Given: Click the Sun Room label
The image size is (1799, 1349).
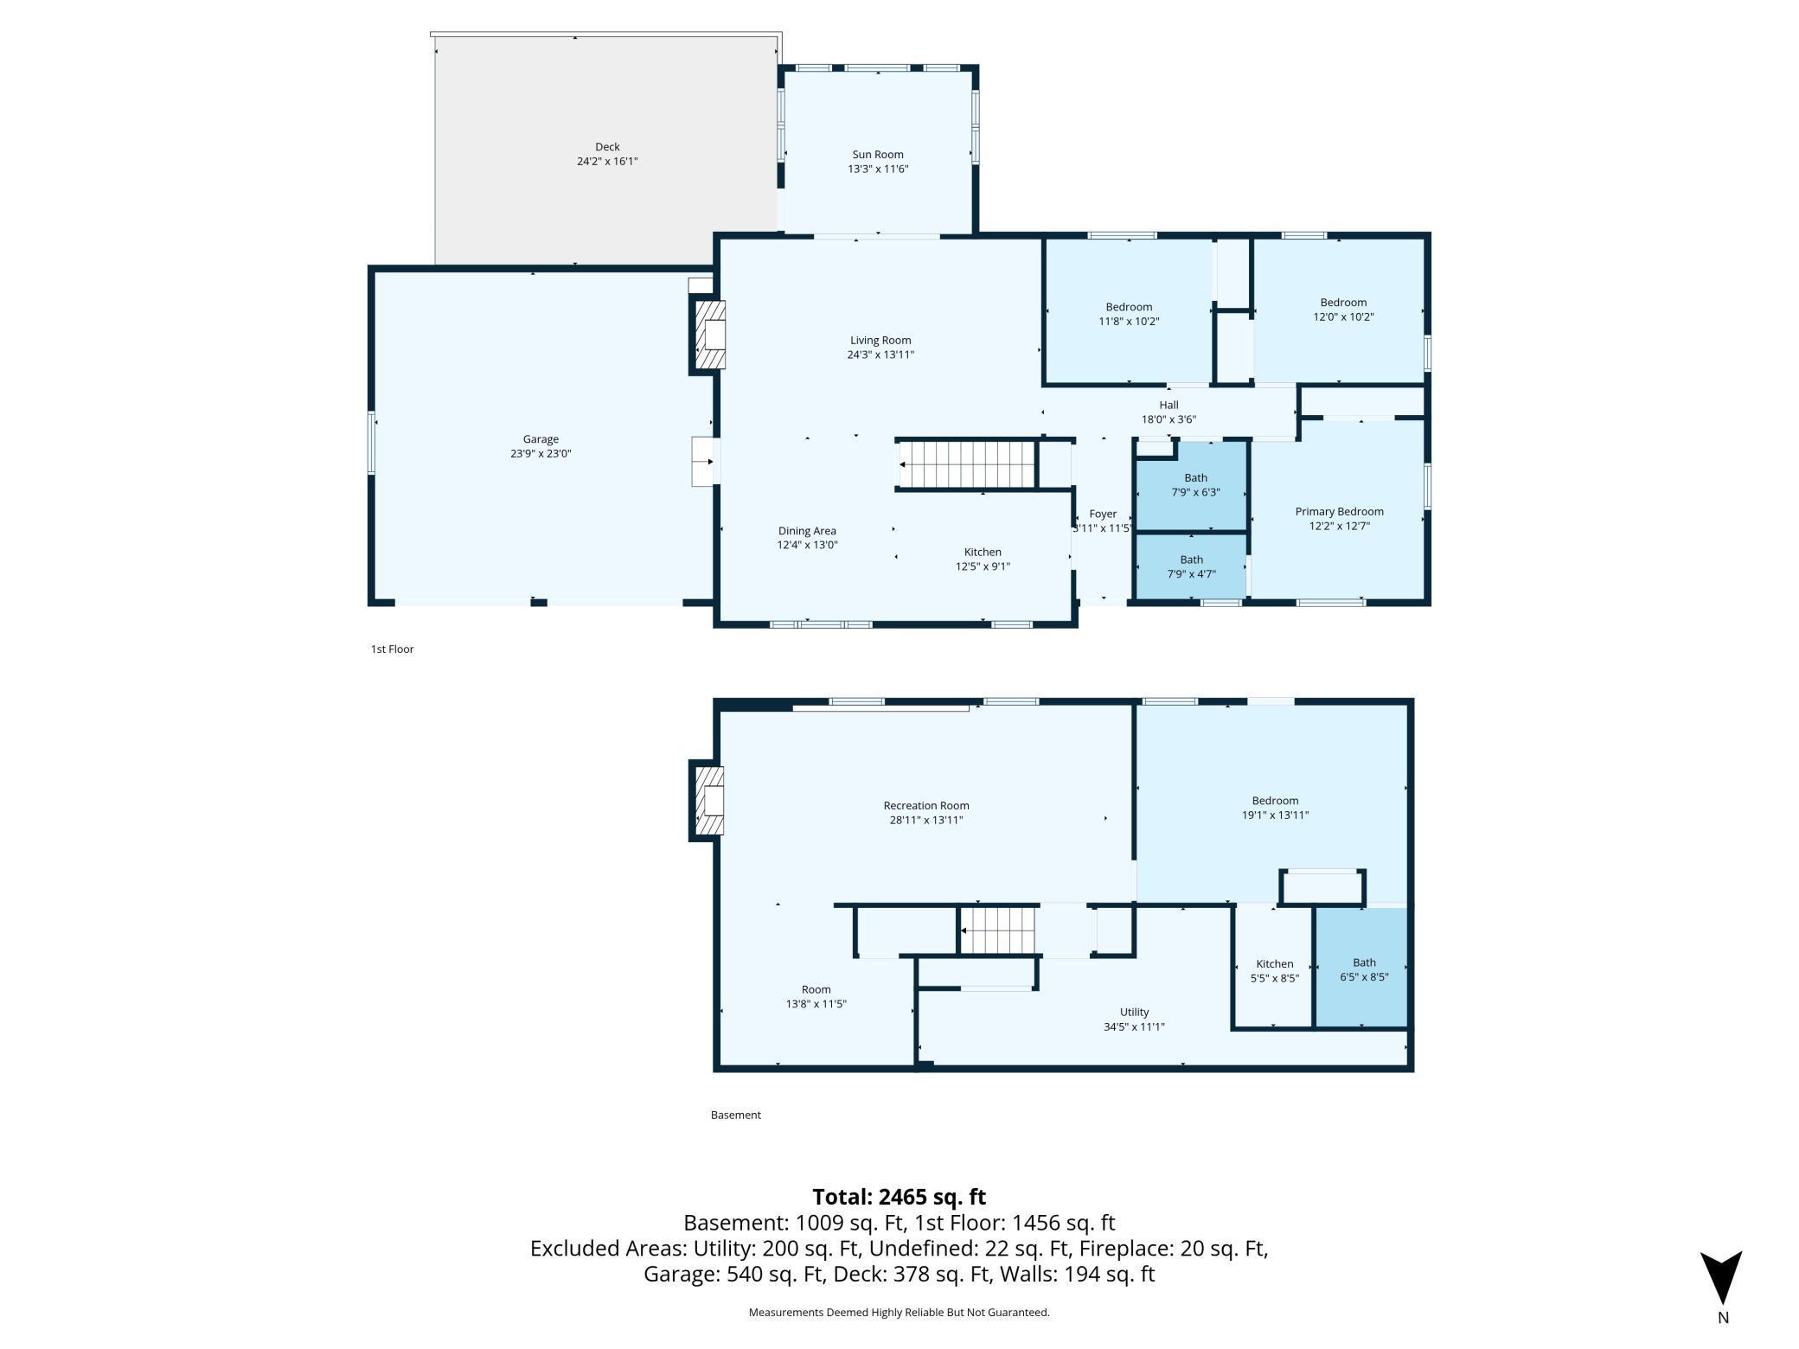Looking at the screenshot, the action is pyautogui.click(x=877, y=155).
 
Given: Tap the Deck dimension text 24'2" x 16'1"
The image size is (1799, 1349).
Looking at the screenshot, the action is pyautogui.click(x=607, y=162).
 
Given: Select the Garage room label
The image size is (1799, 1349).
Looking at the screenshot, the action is pyautogui.click(x=541, y=439).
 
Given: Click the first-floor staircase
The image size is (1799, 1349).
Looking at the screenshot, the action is pyautogui.click(x=968, y=464).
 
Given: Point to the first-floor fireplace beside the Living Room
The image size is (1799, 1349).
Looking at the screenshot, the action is pyautogui.click(x=708, y=335).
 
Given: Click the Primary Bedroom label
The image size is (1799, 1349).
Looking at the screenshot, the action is pyautogui.click(x=1339, y=512).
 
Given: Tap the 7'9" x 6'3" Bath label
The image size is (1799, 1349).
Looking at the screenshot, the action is pyautogui.click(x=1195, y=485).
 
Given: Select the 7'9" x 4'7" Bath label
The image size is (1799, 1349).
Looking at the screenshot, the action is pyautogui.click(x=1191, y=567).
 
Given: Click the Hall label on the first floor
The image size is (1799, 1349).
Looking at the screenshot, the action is pyautogui.click(x=1168, y=405).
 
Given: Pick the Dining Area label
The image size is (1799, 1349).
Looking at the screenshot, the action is pyautogui.click(x=807, y=531).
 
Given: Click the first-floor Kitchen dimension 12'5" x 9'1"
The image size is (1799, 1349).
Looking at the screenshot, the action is pyautogui.click(x=983, y=567).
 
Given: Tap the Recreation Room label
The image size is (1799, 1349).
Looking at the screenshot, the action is pyautogui.click(x=926, y=806).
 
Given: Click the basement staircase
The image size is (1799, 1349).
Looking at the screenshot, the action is pyautogui.click(x=999, y=930).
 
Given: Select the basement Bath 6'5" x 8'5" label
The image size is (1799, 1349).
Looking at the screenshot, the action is pyautogui.click(x=1364, y=970).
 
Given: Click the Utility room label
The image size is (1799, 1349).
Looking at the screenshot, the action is pyautogui.click(x=1134, y=1013).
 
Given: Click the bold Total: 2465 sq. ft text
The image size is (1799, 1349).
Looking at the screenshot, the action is pyautogui.click(x=899, y=1197).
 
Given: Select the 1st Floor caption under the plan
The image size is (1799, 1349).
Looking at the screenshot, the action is pyautogui.click(x=393, y=649).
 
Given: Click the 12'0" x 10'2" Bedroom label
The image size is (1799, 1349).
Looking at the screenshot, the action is pyautogui.click(x=1343, y=310).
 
